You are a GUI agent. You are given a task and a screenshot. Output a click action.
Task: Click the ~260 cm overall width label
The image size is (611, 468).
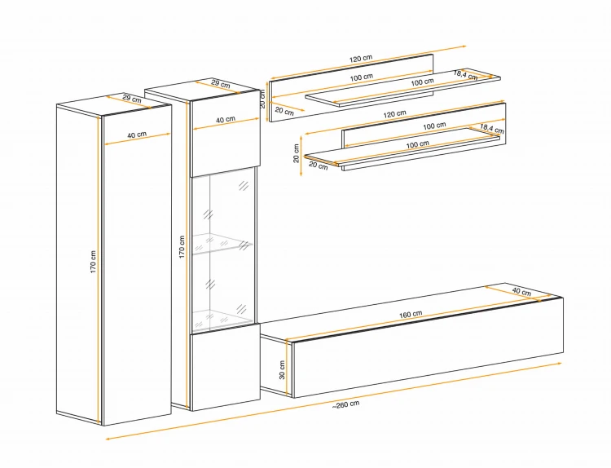345,404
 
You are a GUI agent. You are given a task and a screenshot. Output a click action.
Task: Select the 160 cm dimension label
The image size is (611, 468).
411,315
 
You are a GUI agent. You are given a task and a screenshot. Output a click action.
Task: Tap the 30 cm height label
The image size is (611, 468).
282,369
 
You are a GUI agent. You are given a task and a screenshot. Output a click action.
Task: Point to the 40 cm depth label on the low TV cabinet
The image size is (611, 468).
521,291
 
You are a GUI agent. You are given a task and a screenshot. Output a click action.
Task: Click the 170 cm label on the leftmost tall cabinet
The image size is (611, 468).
93,261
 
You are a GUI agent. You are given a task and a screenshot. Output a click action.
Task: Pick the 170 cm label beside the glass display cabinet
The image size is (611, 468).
182,246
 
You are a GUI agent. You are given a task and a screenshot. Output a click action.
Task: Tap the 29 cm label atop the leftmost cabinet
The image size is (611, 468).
132,99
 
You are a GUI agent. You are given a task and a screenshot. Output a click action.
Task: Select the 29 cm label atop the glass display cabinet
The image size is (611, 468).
221,83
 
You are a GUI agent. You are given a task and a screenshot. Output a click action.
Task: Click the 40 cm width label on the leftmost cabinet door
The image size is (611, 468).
137,135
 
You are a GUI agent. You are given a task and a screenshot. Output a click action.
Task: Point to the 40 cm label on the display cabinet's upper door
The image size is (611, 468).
226,120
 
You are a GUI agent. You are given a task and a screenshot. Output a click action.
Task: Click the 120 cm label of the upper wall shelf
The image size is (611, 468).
361,59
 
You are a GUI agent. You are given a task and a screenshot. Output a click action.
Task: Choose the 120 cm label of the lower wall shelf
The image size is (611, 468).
394,114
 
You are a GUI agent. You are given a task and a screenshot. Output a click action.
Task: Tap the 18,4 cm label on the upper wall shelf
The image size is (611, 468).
466,74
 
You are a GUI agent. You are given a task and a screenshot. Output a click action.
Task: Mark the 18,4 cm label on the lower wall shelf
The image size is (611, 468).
492,128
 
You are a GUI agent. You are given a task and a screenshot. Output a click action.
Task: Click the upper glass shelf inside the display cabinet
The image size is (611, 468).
222,244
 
